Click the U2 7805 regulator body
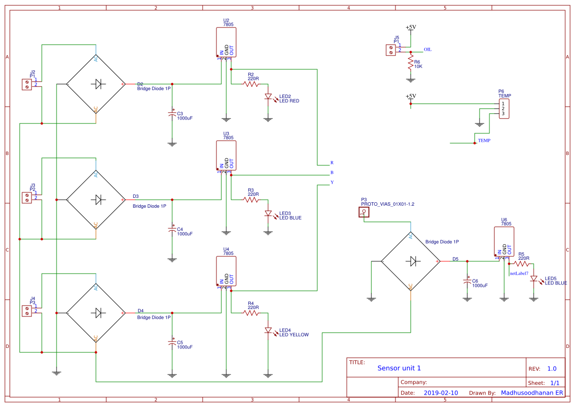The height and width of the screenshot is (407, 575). [226, 43]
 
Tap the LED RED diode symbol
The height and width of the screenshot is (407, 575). [268, 97]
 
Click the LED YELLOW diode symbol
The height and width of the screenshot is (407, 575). [268, 331]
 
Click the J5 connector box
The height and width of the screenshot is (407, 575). [391, 50]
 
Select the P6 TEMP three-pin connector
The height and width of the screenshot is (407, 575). [503, 109]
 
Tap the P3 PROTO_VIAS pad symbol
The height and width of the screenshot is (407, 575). [363, 212]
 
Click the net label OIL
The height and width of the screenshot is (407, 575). [427, 50]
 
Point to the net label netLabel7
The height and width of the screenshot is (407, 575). [519, 273]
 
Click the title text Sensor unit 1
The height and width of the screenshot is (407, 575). [399, 368]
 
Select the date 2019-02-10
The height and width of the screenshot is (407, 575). [440, 393]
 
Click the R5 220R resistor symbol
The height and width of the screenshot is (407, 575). [521, 263]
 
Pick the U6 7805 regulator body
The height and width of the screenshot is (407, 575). [504, 242]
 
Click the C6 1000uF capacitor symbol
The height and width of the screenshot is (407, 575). [467, 281]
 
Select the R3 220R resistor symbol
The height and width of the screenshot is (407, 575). [250, 199]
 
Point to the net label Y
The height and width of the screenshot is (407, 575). [332, 183]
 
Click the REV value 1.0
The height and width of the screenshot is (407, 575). [551, 369]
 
